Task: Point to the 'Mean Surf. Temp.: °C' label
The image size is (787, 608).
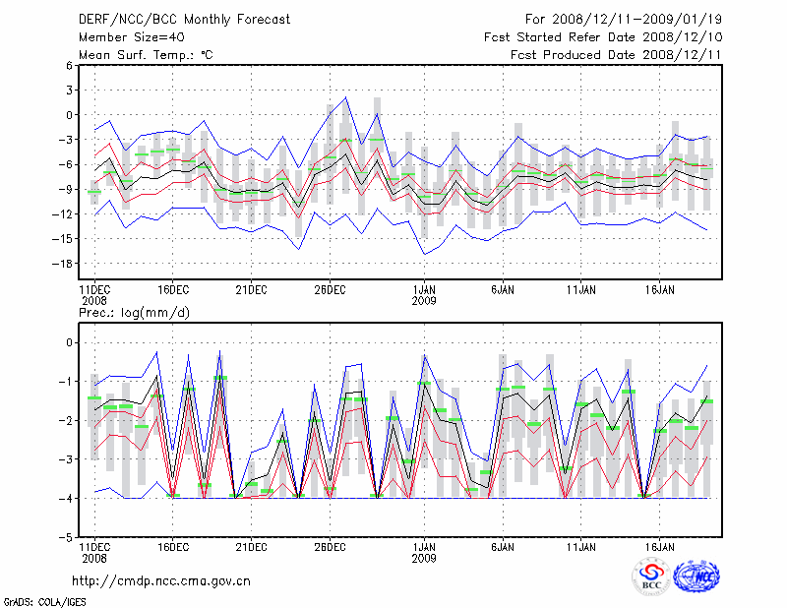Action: (x=145, y=55)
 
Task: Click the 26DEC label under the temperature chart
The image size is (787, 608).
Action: (x=330, y=289)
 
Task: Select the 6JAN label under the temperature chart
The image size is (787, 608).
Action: (x=503, y=289)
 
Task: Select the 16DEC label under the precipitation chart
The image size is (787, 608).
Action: (x=172, y=546)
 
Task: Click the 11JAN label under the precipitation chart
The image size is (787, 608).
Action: (x=581, y=546)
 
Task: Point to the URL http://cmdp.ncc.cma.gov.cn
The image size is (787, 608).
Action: (x=161, y=580)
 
